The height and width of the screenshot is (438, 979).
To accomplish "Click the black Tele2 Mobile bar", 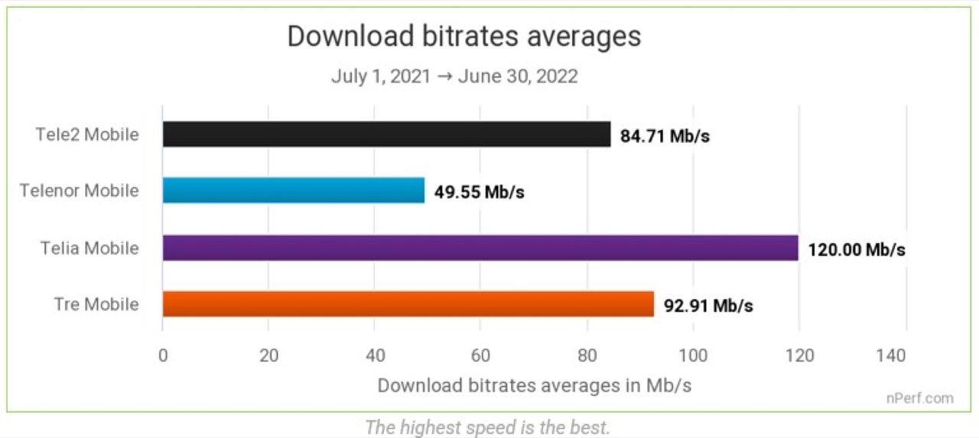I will click(x=386, y=134).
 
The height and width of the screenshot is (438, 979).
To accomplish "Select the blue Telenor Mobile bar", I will click(x=293, y=190).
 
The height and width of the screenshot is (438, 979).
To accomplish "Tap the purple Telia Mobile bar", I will click(x=480, y=248).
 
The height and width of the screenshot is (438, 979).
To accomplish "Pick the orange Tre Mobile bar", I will click(x=408, y=303).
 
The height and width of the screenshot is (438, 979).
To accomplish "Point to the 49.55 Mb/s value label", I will click(x=480, y=192).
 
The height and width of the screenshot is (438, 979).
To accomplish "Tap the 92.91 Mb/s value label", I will click(x=708, y=307).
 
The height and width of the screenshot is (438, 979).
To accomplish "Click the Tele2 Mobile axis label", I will click(x=87, y=135).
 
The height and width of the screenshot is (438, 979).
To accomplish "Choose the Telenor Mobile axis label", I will click(x=80, y=190).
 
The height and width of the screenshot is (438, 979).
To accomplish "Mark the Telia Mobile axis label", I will click(x=90, y=248).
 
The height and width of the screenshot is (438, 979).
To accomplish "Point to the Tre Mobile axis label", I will click(x=96, y=304).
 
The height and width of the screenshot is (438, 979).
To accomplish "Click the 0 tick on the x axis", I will click(x=162, y=355).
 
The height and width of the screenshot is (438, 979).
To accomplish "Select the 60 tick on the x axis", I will click(x=480, y=355).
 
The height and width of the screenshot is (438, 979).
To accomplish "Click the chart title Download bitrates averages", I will click(x=463, y=37).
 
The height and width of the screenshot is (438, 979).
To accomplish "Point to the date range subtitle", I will click(x=454, y=76).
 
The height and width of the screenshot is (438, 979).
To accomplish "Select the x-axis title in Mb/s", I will click(x=534, y=384).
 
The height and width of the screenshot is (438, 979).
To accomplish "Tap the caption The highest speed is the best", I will click(x=487, y=427).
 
